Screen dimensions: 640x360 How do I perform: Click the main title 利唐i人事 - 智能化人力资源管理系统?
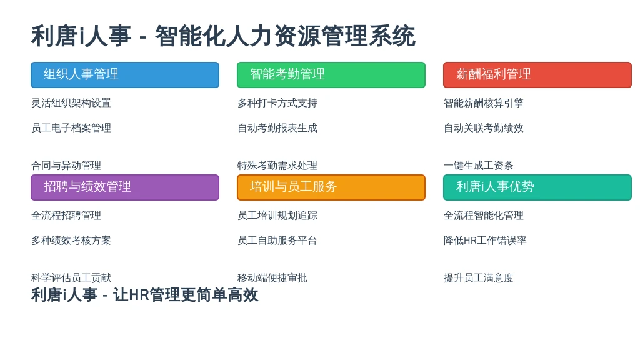223,36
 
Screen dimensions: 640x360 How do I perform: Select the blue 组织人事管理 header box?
125,75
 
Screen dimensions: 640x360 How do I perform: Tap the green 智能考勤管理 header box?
331,75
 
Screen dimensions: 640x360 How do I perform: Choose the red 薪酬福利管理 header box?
537,75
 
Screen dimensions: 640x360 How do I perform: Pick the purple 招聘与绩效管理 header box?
125,187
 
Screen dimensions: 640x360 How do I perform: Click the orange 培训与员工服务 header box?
331,187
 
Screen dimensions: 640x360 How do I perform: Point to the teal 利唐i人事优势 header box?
537,187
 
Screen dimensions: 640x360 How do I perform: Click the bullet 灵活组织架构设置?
71,103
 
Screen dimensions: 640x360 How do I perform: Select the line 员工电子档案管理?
71,127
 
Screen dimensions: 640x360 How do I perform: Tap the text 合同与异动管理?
66,165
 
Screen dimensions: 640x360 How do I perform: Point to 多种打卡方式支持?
277,103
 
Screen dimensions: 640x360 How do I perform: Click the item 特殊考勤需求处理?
277,165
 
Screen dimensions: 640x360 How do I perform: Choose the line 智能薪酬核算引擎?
483,103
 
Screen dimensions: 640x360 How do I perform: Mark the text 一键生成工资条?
478,165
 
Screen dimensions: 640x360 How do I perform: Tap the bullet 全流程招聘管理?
66,216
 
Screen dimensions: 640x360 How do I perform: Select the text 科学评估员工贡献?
71,278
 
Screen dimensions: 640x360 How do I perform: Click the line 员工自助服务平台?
277,241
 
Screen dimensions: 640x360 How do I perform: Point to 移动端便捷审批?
272,278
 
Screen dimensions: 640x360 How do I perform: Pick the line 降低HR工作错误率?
485,241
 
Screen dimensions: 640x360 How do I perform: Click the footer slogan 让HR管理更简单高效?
186,295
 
